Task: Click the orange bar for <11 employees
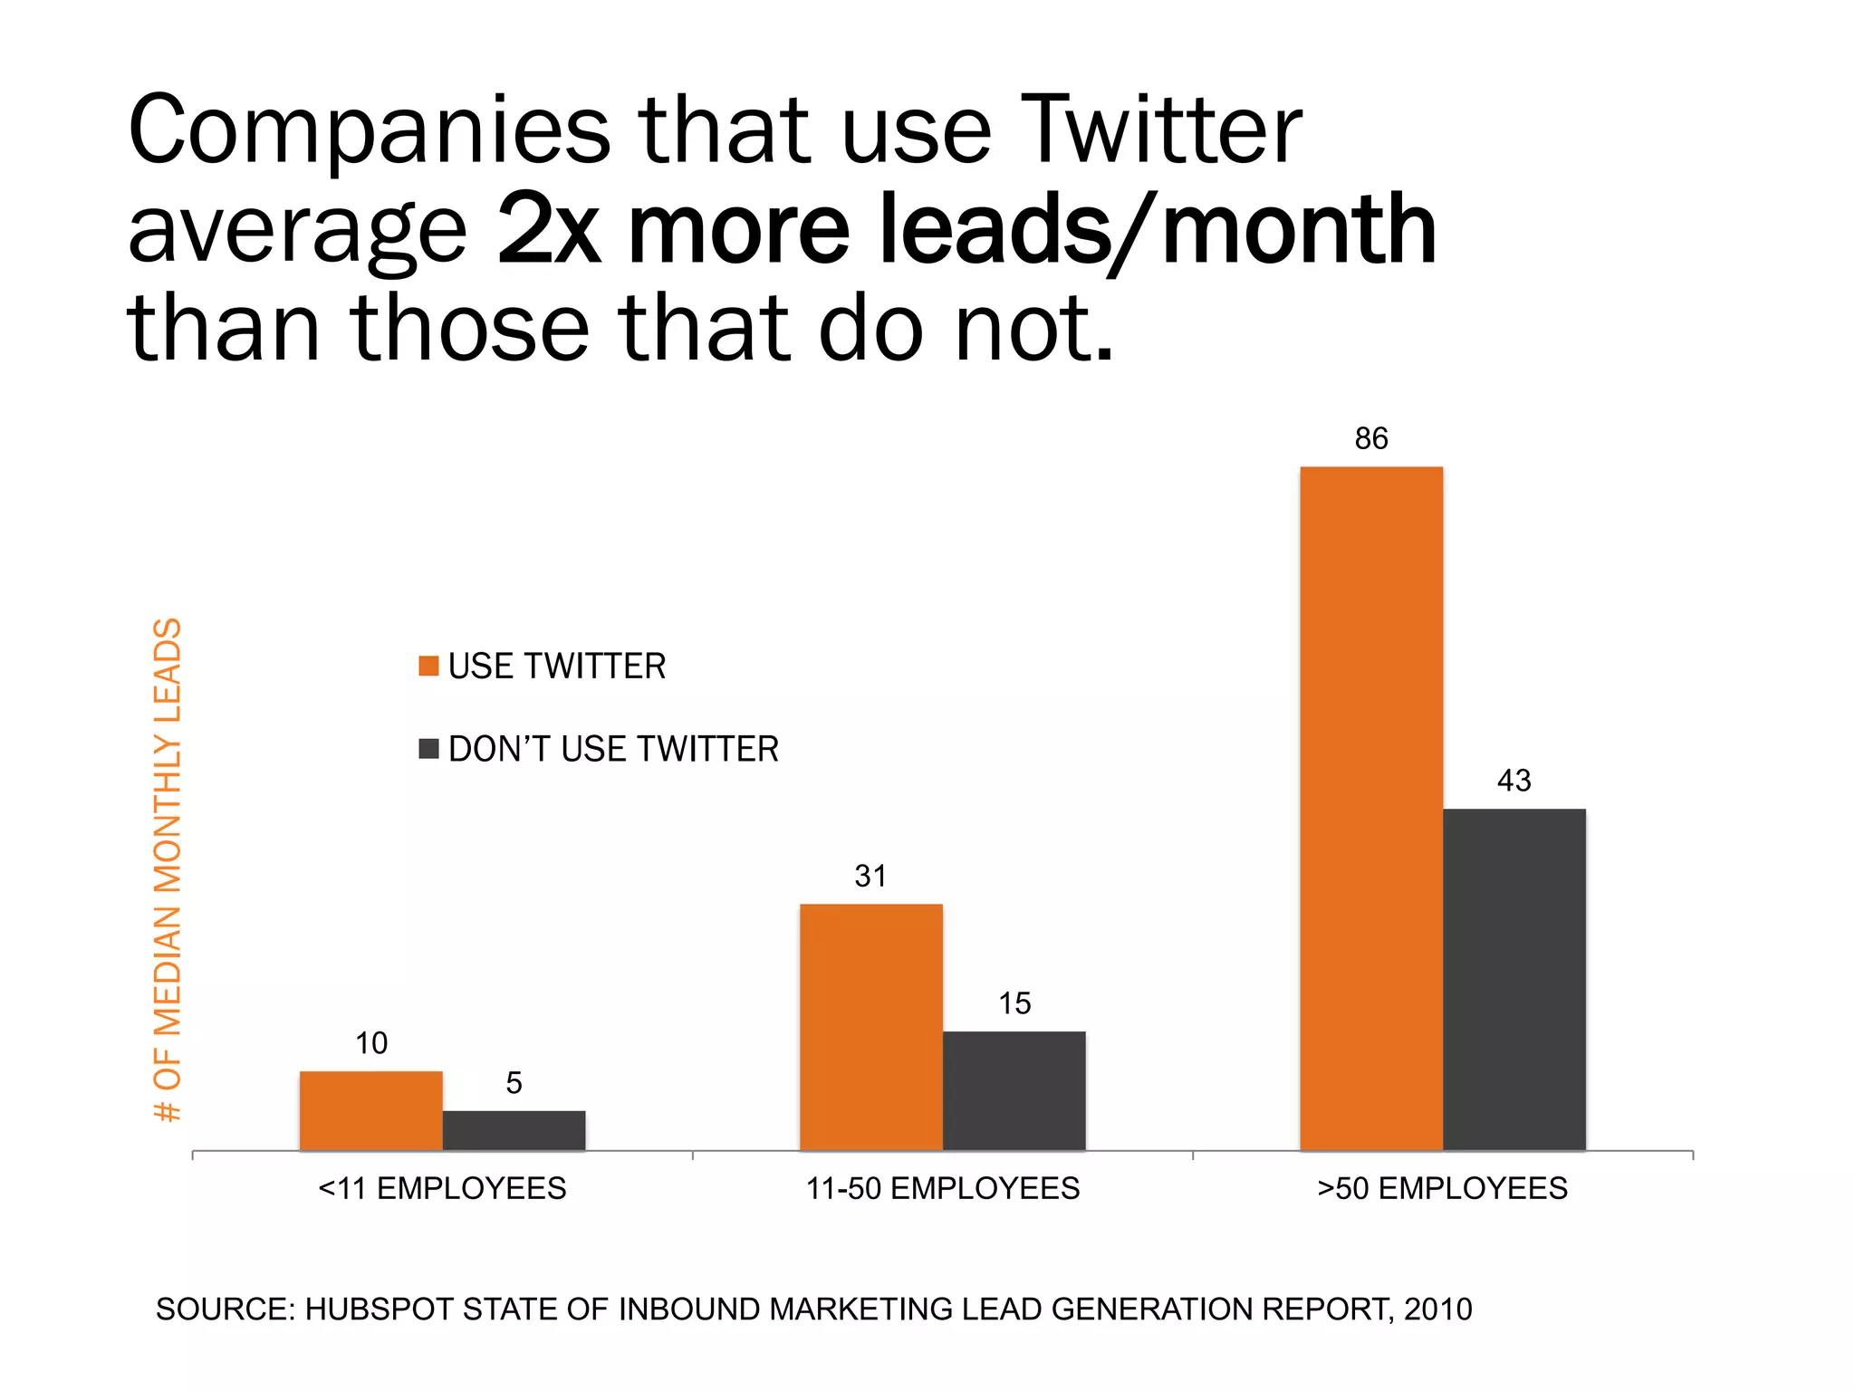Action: pos(370,1110)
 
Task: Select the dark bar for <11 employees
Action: pos(514,1130)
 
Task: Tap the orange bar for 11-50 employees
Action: pos(870,1027)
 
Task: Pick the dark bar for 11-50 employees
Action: pos(1014,1090)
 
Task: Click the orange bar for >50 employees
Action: pos(1370,808)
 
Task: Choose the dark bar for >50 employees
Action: pos(1514,979)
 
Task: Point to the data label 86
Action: pos(1370,438)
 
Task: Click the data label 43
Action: pos(1514,781)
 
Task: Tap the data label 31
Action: pos(870,876)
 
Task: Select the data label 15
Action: pos(1014,1003)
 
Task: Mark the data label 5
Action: pos(514,1083)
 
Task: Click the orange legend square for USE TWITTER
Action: pos(428,666)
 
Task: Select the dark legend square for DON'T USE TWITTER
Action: pos(428,749)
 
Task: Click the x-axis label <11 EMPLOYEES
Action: pos(442,1188)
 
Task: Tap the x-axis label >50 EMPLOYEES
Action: pos(1442,1188)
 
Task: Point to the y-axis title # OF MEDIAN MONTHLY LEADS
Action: pos(168,869)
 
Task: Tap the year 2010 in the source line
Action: pos(1438,1309)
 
